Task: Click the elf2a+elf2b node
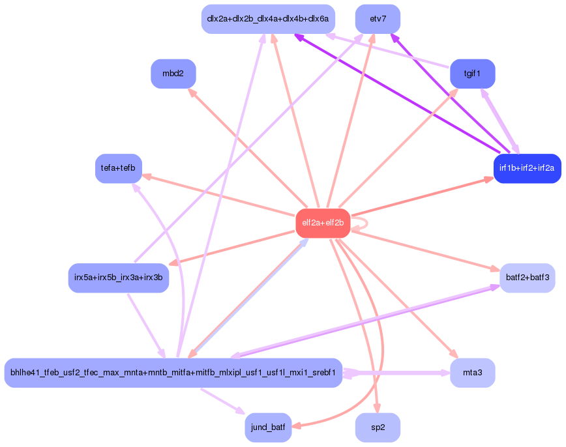[323, 223]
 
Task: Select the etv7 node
[378, 19]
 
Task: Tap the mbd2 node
[173, 74]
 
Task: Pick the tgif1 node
[472, 74]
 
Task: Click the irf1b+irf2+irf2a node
[527, 168]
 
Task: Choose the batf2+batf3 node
[527, 278]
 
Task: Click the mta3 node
[472, 373]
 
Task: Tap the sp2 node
[378, 428]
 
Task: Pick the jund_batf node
[268, 428]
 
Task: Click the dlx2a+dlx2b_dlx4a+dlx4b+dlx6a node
[268, 19]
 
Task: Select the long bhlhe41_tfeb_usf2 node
[173, 373]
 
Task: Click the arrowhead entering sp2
[376, 411]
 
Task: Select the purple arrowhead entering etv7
[393, 36]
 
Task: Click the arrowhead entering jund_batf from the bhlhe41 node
[240, 412]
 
